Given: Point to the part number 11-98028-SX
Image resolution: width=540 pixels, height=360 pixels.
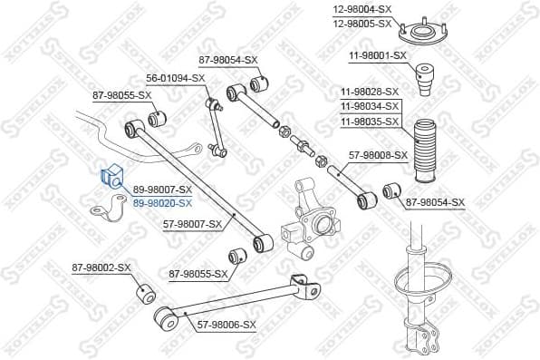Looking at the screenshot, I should pos(369,92).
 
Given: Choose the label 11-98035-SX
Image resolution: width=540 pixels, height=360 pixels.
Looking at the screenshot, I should pos(369,121).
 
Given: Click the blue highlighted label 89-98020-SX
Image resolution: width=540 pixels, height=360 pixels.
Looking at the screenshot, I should pos(163,203).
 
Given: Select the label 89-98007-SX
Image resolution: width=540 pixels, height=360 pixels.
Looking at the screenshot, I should pos(163,190).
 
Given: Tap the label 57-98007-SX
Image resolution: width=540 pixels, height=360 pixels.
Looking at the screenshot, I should pos(192,223).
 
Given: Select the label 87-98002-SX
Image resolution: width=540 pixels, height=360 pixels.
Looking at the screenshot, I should pos(101,268).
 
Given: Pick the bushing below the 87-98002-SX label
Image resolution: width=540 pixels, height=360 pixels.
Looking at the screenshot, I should pos(145,296).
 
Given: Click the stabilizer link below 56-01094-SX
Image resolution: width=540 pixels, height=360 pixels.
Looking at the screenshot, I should pos(215,127).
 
